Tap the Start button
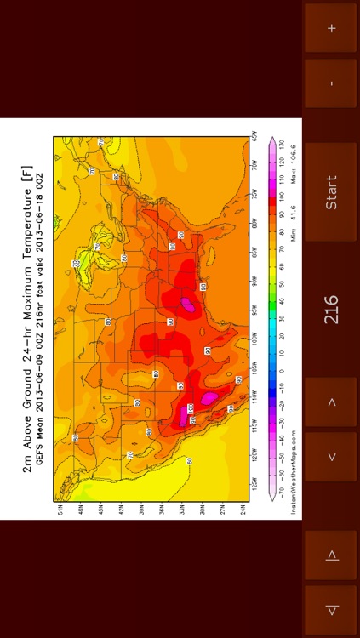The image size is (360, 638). point(332,192)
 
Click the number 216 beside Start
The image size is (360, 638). point(332,310)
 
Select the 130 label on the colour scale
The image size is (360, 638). point(282,152)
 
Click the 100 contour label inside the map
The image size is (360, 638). point(191,409)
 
